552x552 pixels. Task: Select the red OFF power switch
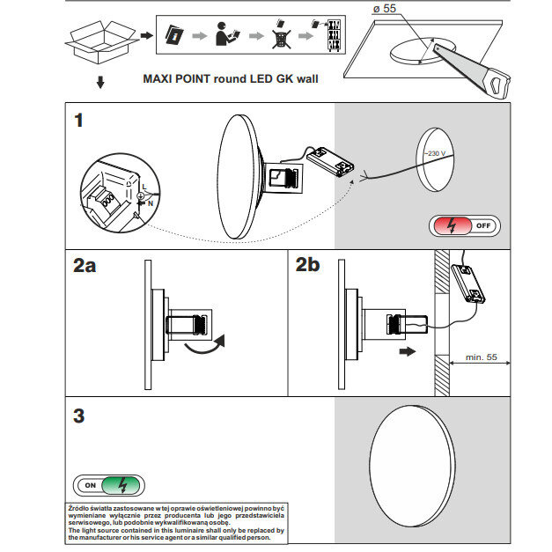coord(464,225)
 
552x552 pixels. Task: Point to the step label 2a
coord(85,267)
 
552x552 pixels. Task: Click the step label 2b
coord(309,265)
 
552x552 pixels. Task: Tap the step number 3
coord(79,416)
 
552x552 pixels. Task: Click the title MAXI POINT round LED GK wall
coord(231,78)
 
